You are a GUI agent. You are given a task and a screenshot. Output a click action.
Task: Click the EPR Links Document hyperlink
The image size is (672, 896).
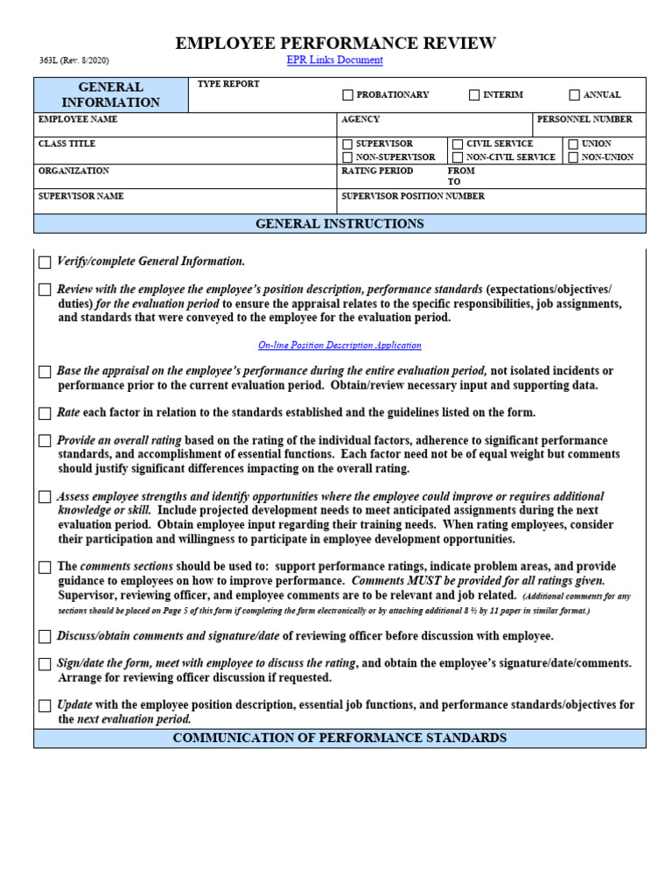pos(334,60)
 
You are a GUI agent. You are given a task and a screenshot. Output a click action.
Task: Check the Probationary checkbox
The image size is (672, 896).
pos(347,95)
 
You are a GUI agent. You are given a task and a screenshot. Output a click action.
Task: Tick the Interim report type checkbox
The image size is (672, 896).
pos(474,95)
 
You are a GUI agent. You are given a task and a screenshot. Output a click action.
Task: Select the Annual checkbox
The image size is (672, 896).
pos(574,95)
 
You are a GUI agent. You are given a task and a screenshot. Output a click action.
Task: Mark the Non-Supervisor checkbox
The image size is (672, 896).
pos(347,157)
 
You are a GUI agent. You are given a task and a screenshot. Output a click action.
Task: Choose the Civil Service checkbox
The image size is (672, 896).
pos(458,144)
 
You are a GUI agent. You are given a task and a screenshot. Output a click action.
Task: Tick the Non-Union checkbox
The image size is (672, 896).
pos(573,157)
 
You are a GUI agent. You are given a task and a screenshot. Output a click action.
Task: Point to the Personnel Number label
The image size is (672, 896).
pos(584,119)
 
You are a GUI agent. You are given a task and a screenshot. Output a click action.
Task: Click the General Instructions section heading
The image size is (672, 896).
pos(339,224)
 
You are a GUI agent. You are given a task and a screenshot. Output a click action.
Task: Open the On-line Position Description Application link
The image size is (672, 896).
pos(339,346)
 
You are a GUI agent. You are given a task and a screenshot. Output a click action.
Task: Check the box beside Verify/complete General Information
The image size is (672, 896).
pos(45,262)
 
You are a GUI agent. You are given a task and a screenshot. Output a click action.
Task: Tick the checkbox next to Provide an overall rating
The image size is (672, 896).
pos(45,441)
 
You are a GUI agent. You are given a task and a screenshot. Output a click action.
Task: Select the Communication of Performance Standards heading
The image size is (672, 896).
pos(339,738)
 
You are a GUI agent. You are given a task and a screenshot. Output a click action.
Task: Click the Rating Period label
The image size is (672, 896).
pos(377,171)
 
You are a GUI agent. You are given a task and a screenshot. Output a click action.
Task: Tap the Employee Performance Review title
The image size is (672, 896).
pos(336,43)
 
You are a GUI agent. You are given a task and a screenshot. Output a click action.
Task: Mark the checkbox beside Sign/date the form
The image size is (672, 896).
pos(45,664)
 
